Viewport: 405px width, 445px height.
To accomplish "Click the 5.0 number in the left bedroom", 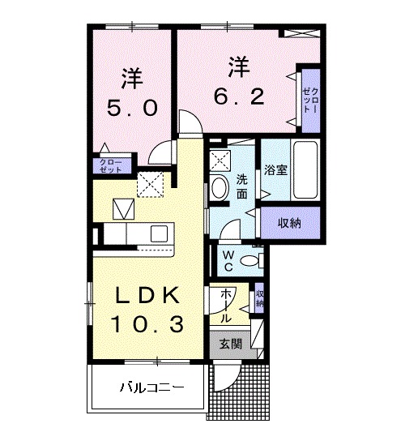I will tap(131, 109).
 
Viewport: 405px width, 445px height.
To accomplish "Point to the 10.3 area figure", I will tap(147, 325).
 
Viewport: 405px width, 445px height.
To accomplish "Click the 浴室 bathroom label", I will tap(276, 171).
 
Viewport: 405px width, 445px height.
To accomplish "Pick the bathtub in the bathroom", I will tap(304, 170).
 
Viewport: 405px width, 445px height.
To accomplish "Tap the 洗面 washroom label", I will tap(241, 187).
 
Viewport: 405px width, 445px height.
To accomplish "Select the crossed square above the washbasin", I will tap(220, 159).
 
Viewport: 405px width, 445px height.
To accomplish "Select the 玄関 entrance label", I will tap(231, 343).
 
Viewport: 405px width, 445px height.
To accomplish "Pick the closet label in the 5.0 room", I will tap(110, 166).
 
